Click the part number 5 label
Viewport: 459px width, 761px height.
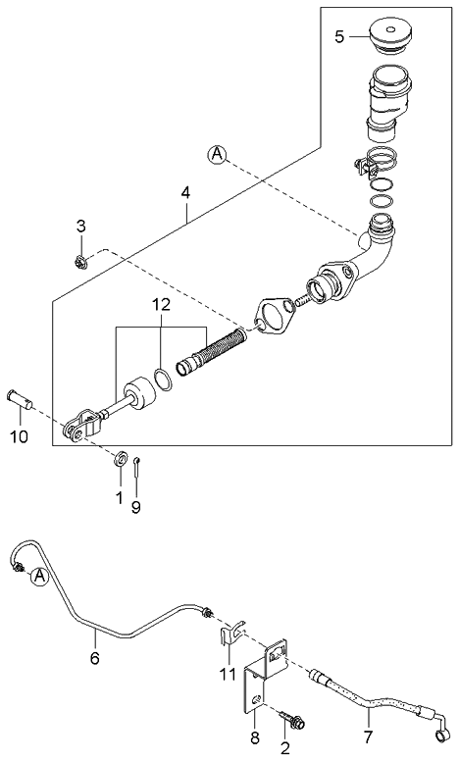[339, 37]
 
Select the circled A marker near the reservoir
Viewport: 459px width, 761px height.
[216, 154]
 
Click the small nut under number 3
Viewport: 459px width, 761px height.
[81, 260]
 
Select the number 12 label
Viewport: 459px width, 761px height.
[160, 305]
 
